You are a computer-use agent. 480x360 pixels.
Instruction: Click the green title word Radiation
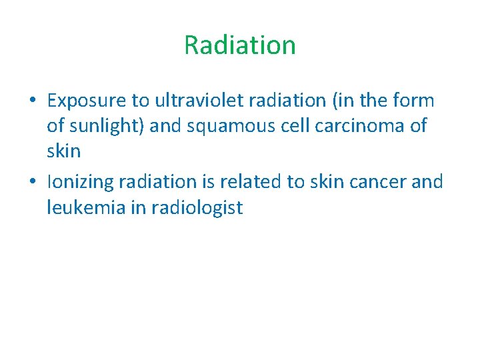(x=240, y=45)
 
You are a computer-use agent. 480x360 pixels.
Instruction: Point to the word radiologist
(x=197, y=207)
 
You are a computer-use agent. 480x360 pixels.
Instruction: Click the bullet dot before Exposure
(x=33, y=101)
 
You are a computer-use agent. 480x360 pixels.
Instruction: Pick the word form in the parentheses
(x=415, y=101)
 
